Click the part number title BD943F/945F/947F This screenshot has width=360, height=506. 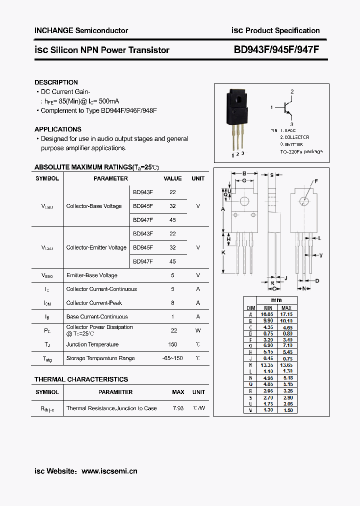276,50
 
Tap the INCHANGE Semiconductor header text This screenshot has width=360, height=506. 81,30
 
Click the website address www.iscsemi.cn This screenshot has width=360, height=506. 109,471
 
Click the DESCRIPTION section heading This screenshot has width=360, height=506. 56,82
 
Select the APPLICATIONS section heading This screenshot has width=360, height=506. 57,129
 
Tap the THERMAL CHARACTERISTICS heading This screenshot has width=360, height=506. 81,379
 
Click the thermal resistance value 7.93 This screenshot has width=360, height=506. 178,408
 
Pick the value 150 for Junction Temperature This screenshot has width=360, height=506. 173,344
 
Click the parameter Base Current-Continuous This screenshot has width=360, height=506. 97,316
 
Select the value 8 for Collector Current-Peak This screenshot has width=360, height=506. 173,303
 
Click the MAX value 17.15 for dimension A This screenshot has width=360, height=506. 286,314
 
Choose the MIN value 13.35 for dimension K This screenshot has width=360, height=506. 268,365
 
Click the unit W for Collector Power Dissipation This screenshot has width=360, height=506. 198,330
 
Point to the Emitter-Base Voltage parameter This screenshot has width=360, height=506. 92,275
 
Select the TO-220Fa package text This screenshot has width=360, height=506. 301,151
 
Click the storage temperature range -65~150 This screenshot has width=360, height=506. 173,358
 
